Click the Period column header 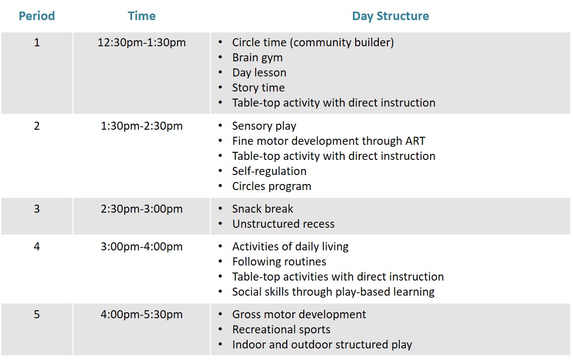[x=37, y=16]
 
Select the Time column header [x=142, y=16]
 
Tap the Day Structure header [x=390, y=16]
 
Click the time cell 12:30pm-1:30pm [x=142, y=43]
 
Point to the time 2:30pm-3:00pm [x=142, y=209]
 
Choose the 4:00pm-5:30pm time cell [x=142, y=315]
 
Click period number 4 [x=37, y=246]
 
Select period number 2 [x=37, y=126]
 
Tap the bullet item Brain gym [x=257, y=58]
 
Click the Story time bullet [x=259, y=88]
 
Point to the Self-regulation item [x=269, y=171]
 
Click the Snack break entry [x=263, y=209]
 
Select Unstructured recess [x=283, y=224]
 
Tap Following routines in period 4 [x=279, y=262]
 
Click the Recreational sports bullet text [x=281, y=330]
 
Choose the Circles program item [x=272, y=186]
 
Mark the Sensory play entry [x=264, y=126]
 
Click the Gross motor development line [x=299, y=315]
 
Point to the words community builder [x=342, y=43]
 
